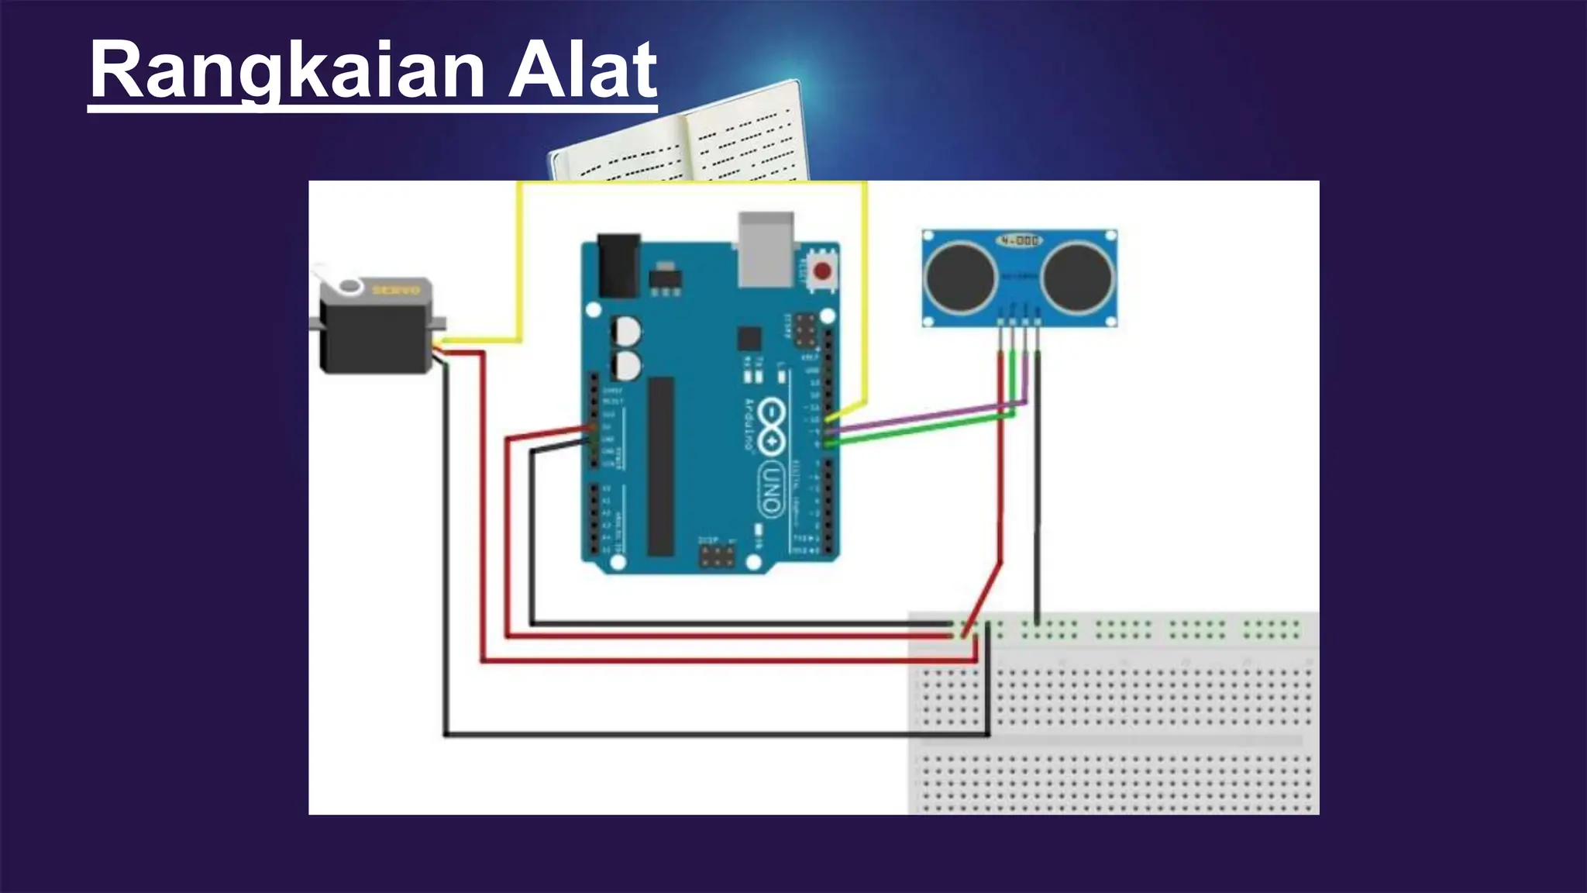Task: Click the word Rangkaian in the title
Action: click(x=287, y=71)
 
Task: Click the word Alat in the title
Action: click(x=582, y=71)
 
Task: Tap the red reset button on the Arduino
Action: click(x=821, y=271)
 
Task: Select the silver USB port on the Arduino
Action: click(x=766, y=248)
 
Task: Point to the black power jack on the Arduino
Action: click(x=618, y=266)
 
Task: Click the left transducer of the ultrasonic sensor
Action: click(x=961, y=277)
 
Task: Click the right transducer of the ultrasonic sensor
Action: click(x=1077, y=277)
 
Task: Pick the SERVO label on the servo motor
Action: click(x=396, y=290)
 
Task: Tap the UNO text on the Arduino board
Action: click(x=769, y=489)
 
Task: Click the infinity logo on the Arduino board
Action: click(x=769, y=426)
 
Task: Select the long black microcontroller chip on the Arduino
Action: click(x=661, y=466)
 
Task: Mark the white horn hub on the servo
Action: click(x=351, y=287)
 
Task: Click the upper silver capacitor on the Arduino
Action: click(x=626, y=331)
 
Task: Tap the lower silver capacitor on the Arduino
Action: click(x=626, y=365)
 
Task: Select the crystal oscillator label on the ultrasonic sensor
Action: click(x=1019, y=241)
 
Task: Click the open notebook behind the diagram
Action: click(x=682, y=140)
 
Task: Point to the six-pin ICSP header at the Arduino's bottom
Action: click(x=718, y=556)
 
